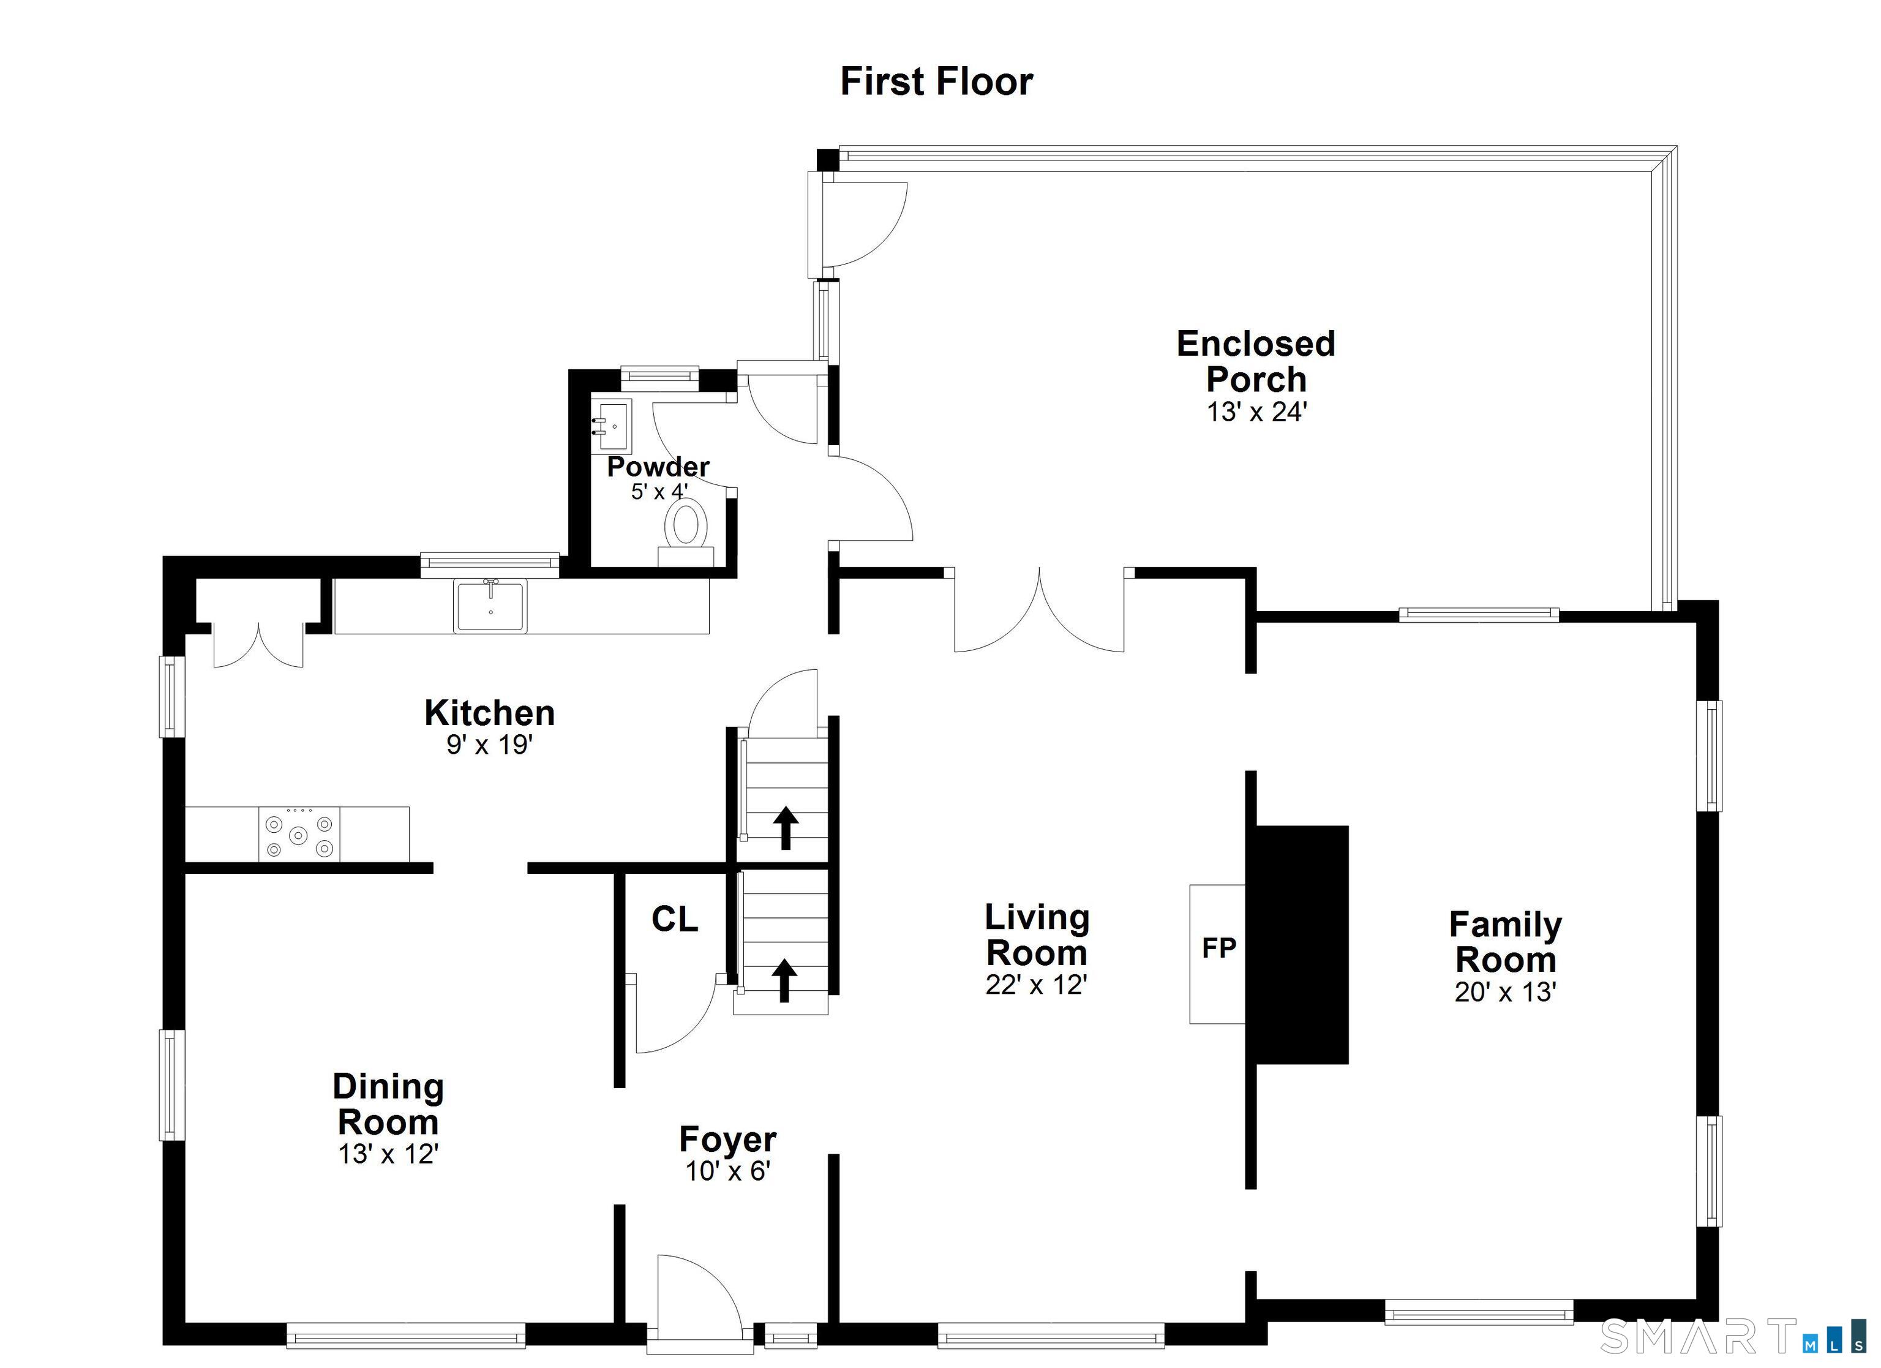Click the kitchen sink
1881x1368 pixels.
click(x=490, y=606)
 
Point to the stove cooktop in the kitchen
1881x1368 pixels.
click(x=299, y=834)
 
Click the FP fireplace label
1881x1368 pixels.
click(x=1219, y=947)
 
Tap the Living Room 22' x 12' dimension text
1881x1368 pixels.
click(x=1036, y=985)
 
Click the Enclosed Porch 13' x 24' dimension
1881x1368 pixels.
click(x=1256, y=412)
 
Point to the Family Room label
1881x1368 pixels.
click(x=1505, y=942)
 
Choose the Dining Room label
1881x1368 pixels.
click(x=388, y=1104)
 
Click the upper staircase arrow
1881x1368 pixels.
click(x=786, y=828)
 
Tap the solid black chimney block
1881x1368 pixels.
click(x=1302, y=944)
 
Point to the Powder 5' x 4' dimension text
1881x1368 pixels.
click(x=659, y=492)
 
